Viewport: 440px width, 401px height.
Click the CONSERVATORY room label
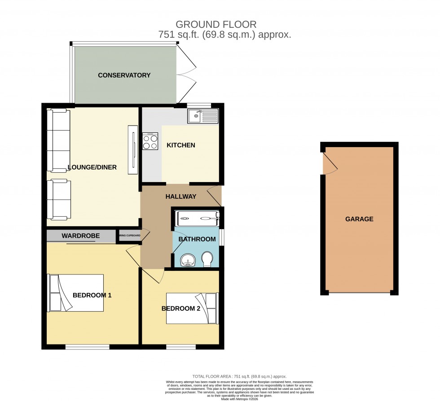124,75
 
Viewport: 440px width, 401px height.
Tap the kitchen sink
202,116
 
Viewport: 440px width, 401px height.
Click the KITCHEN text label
181,145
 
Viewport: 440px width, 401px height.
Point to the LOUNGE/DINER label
92,167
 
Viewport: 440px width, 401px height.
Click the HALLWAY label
180,196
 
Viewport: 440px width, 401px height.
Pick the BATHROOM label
197,239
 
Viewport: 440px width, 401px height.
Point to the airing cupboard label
129,235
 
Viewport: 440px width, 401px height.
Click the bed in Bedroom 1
76,293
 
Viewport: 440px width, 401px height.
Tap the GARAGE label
359,219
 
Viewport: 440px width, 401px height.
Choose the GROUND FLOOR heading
216,24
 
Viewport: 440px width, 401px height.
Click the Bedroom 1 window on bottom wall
87,347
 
